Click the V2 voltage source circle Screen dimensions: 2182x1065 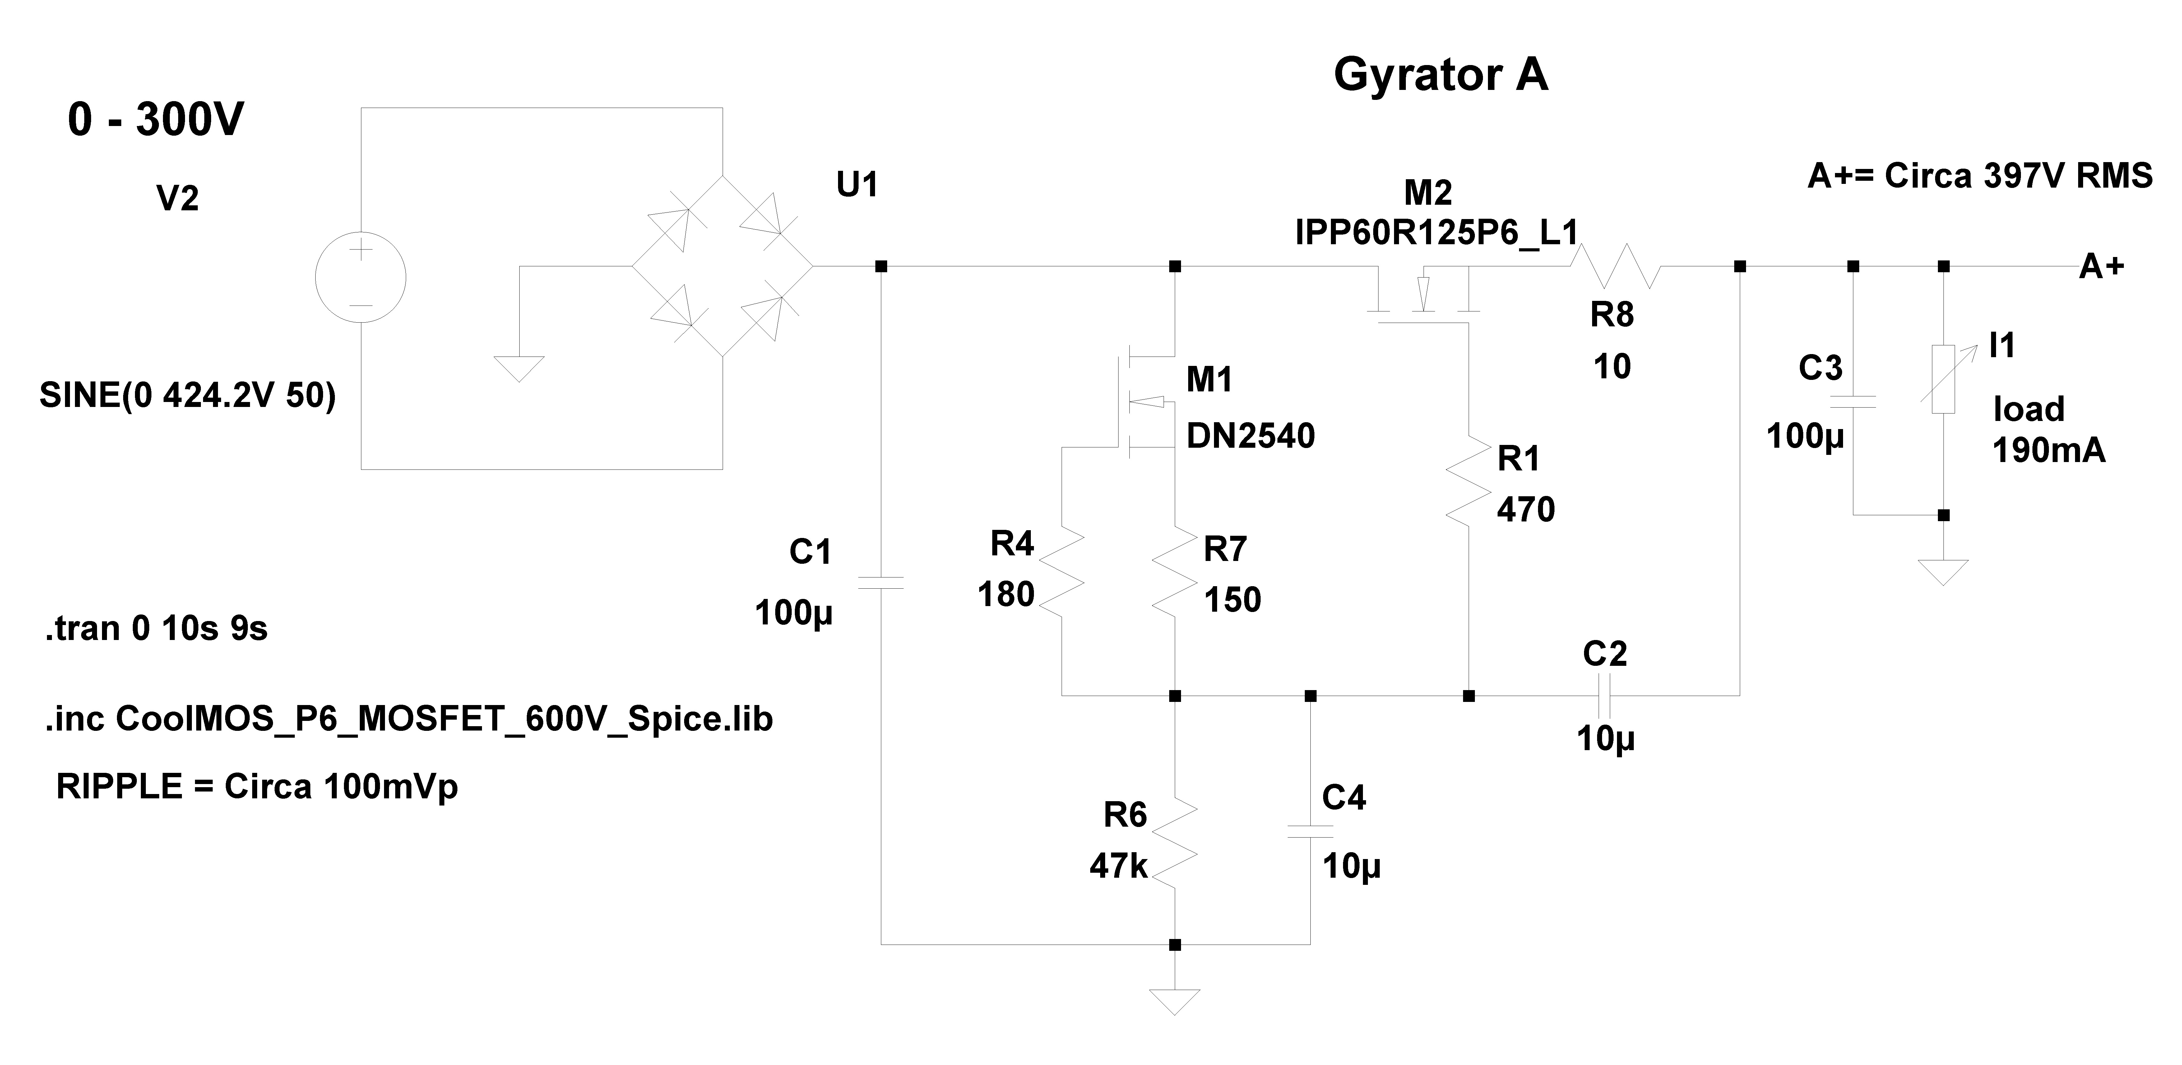[x=361, y=278]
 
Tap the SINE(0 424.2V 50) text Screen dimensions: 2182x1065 [x=187, y=396]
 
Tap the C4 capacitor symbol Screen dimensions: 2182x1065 [x=1310, y=830]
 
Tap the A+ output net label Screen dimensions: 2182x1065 [x=2101, y=267]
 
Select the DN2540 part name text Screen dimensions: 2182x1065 [x=1250, y=436]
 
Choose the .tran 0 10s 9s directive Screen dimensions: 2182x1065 [x=156, y=629]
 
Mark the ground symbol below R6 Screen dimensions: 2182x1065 [x=1175, y=1002]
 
